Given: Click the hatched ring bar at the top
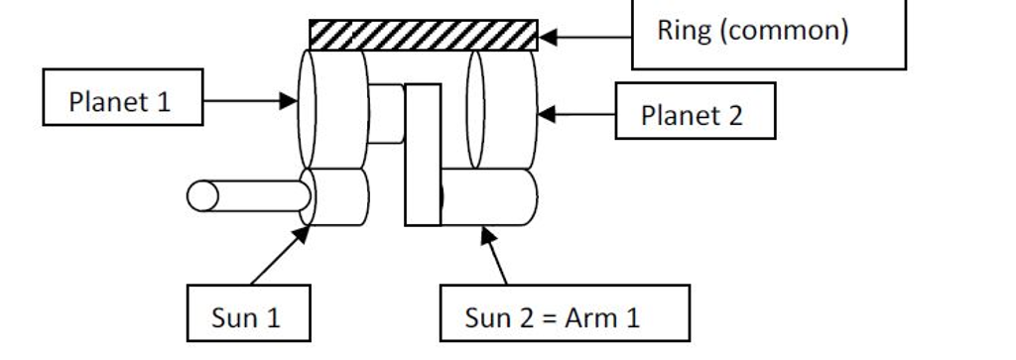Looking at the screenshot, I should click(x=424, y=34).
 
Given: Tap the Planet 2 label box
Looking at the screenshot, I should click(x=695, y=114).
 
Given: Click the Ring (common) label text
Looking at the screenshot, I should click(x=752, y=30).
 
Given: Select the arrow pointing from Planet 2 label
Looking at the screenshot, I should click(x=575, y=114).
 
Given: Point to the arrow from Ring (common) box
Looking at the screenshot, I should click(x=585, y=38).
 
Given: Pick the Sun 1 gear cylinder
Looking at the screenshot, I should click(x=335, y=196).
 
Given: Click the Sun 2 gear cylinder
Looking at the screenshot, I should click(x=488, y=196).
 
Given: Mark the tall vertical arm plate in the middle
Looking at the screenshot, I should click(x=423, y=154).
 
